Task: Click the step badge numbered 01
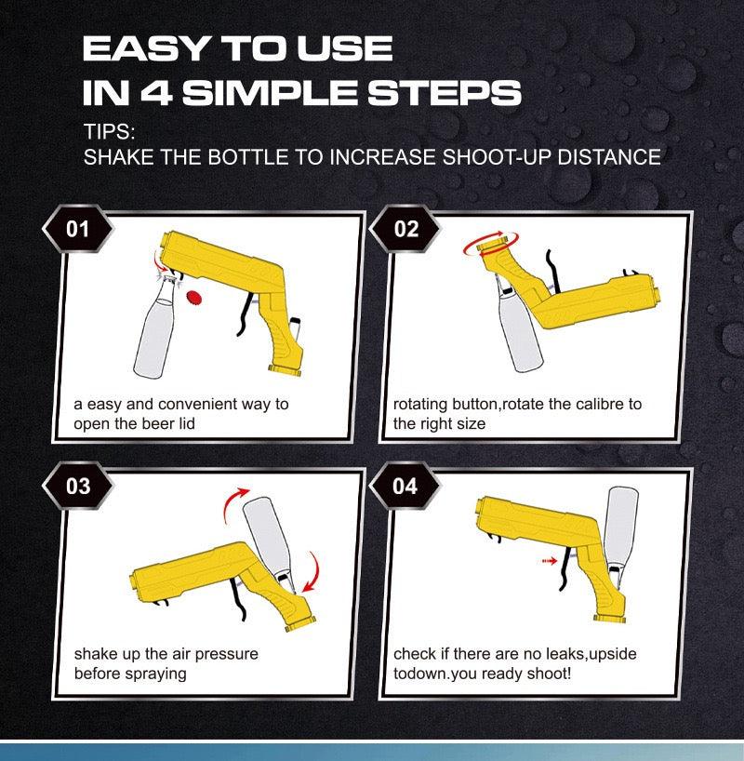[x=78, y=229]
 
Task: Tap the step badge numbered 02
[x=406, y=229]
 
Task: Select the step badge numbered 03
[x=78, y=486]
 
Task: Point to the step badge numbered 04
[x=406, y=486]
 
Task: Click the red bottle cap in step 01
[x=195, y=296]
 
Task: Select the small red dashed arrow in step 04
[x=548, y=561]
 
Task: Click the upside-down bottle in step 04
[x=619, y=530]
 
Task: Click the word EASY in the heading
[x=142, y=48]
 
